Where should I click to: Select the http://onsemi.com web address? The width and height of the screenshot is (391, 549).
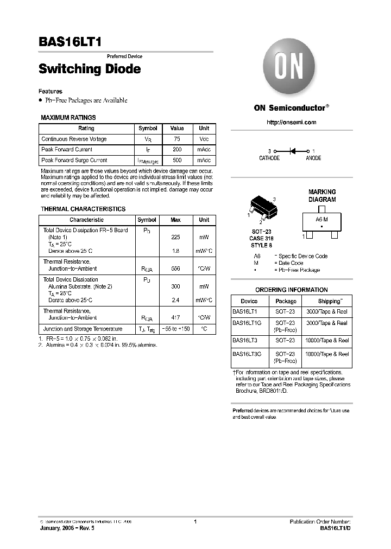(292, 123)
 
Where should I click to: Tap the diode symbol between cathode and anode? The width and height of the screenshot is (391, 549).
(292, 151)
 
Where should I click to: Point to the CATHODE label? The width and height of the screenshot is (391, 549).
(269, 158)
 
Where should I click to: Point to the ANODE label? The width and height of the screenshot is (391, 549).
(313, 158)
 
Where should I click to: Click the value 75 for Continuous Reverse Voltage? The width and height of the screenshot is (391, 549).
(176, 139)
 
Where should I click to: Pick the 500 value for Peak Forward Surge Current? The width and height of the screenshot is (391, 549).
(176, 160)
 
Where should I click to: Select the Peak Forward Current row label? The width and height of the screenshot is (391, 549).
(67, 149)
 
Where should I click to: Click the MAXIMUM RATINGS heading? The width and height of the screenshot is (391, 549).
(68, 117)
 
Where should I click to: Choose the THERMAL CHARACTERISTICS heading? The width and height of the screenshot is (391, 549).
(83, 209)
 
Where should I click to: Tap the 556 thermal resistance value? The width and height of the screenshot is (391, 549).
(175, 269)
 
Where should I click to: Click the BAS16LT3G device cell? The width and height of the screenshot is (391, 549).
(247, 354)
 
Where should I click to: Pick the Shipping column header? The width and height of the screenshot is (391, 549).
(330, 301)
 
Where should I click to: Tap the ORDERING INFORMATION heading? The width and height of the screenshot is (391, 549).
(292, 290)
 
